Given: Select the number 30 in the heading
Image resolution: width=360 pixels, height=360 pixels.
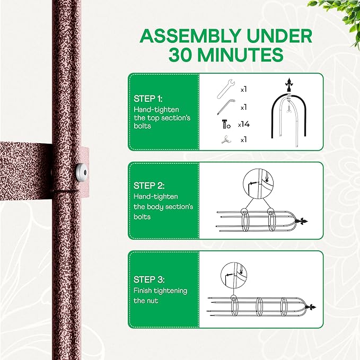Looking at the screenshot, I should pyautogui.click(x=186, y=55).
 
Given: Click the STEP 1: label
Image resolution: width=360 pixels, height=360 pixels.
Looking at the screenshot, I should pyautogui.click(x=149, y=99).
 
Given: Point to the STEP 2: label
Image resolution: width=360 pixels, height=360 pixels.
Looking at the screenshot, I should pyautogui.click(x=149, y=186).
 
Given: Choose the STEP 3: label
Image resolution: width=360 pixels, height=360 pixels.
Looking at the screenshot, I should pyautogui.click(x=149, y=279).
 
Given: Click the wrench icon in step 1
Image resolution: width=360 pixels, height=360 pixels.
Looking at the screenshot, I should pyautogui.click(x=225, y=89).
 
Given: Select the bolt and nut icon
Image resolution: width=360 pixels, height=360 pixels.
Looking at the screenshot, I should pyautogui.click(x=225, y=124).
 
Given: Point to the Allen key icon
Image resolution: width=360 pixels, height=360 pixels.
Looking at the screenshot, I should pyautogui.click(x=225, y=107).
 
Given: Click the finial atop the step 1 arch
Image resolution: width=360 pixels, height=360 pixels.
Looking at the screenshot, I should pyautogui.click(x=289, y=83).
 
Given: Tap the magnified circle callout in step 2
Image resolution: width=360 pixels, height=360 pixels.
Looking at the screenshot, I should pyautogui.click(x=256, y=184).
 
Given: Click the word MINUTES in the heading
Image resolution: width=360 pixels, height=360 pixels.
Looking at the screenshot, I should pyautogui.click(x=248, y=55).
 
